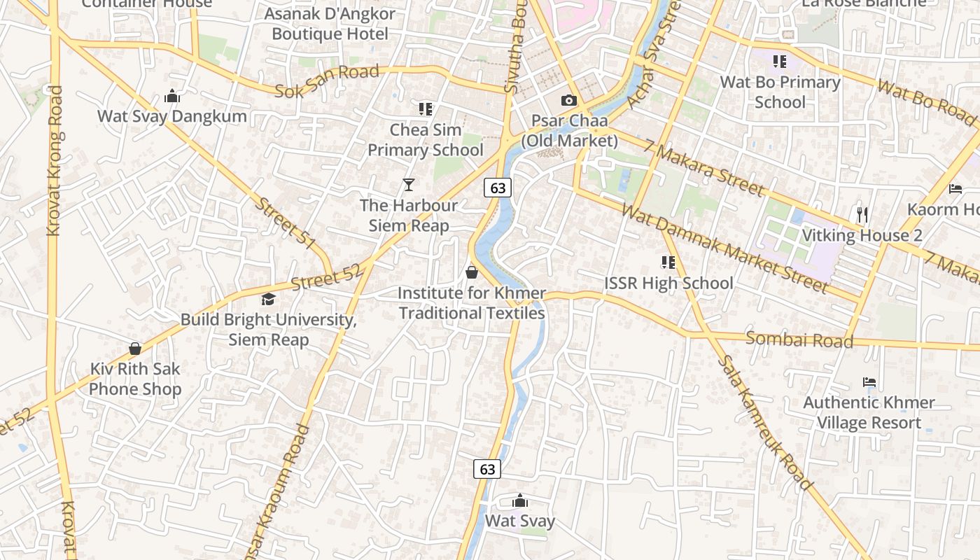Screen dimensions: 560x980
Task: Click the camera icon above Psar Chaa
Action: pos(568,101)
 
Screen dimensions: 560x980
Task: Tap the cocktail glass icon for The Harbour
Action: pos(409,185)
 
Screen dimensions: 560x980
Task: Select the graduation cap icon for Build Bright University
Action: pos(268,300)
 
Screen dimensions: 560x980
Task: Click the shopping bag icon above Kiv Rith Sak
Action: pos(135,349)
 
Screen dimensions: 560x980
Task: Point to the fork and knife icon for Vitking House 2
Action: pos(862,214)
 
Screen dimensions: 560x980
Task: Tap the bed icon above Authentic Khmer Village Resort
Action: pos(869,382)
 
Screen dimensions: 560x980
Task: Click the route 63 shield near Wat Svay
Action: pos(488,469)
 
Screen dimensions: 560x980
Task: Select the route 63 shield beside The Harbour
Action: pos(498,188)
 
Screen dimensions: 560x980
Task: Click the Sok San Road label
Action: pos(327,82)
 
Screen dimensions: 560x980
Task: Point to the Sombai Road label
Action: pos(799,340)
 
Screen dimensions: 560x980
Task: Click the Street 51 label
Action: pos(286,223)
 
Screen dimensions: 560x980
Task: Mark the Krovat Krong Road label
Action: pos(55,161)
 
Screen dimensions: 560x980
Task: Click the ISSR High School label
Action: pos(668,283)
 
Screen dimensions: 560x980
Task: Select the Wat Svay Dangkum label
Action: pos(172,116)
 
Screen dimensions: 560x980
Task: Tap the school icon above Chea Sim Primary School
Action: pos(426,108)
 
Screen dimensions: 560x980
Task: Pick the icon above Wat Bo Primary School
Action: pos(780,62)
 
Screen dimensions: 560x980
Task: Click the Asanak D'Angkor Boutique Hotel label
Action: pos(330,23)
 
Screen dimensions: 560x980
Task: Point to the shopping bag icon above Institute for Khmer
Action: pos(472,272)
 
